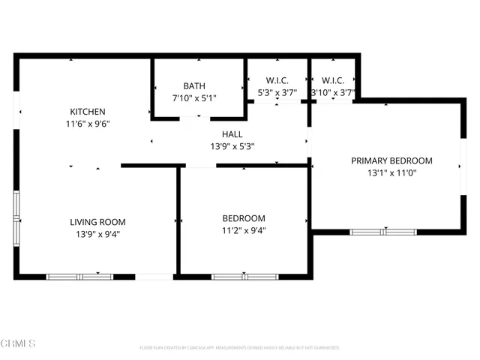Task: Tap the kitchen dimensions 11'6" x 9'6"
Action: coord(88,125)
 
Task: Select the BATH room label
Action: coord(194,86)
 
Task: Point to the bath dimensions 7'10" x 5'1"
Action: coord(194,98)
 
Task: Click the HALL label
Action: coord(232,133)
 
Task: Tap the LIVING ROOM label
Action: coord(97,222)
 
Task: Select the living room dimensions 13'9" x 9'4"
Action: coord(97,235)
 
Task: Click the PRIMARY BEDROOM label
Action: coord(391,160)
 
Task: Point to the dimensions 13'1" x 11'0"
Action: coord(391,173)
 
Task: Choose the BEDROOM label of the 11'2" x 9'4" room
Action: coord(244,218)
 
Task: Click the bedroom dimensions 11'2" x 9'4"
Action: coord(244,231)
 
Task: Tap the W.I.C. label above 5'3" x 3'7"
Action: coord(277,80)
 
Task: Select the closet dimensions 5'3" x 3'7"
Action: coord(277,92)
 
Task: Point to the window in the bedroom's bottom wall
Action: coord(244,277)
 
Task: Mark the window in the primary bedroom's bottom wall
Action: coord(383,232)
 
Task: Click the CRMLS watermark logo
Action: coord(19,343)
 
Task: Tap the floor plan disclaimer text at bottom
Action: coord(240,348)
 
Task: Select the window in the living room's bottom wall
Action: coord(79,277)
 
